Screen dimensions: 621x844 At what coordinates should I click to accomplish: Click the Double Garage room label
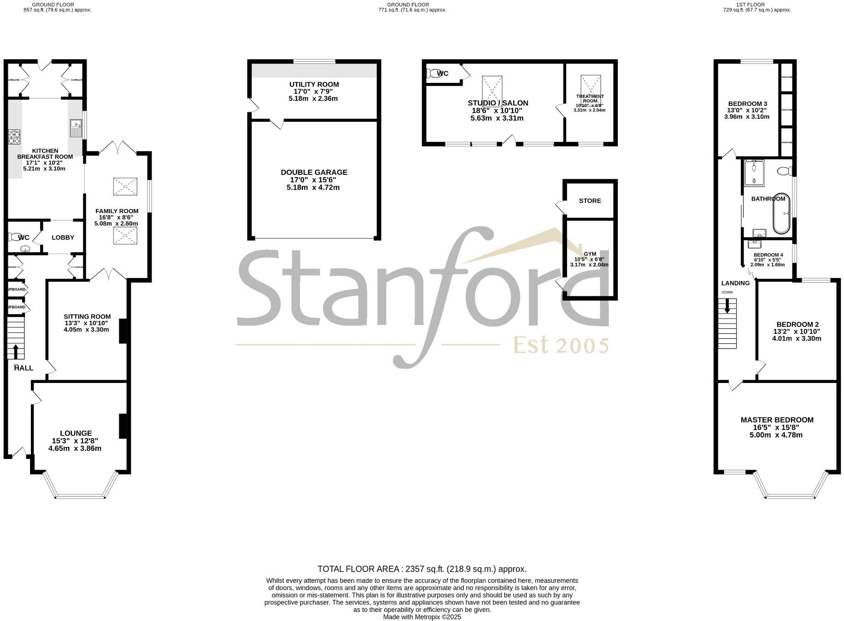(x=314, y=173)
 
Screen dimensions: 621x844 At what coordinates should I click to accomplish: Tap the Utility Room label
(x=314, y=85)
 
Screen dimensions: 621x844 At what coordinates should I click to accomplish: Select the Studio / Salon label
(x=498, y=103)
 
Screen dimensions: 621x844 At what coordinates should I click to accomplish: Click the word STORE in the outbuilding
(x=590, y=201)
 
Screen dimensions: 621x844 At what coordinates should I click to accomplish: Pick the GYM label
(x=590, y=254)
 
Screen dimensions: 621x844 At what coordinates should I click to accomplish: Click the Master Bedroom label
(x=777, y=420)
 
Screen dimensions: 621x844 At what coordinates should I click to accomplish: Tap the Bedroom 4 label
(x=768, y=255)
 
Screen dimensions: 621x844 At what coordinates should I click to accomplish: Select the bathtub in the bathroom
(x=781, y=213)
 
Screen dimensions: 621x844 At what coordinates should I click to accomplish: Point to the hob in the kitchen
(x=14, y=138)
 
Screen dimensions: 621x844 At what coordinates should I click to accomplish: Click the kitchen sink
(x=76, y=128)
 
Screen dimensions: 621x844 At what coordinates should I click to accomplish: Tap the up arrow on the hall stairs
(x=16, y=352)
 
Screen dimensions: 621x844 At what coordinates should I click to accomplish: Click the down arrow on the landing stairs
(x=727, y=306)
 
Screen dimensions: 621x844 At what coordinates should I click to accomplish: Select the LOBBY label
(x=63, y=238)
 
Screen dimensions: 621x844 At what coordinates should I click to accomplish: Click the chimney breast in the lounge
(x=123, y=426)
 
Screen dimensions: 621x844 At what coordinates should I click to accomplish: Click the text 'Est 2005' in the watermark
(x=561, y=345)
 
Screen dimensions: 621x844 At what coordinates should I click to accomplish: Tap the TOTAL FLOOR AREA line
(x=422, y=569)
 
